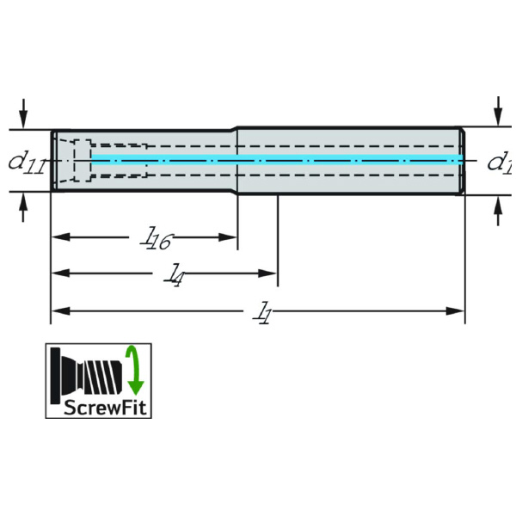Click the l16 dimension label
click(156, 237)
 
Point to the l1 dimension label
click(262, 313)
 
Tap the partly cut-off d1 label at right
click(501, 163)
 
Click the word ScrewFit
click(105, 408)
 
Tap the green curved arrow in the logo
click(135, 370)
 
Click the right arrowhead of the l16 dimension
click(228, 237)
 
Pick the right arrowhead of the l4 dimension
click(267, 273)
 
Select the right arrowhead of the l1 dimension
click(455, 311)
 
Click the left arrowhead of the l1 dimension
click(61, 311)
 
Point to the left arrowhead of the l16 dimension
click(61, 237)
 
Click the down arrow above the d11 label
click(23, 114)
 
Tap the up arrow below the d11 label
click(23, 207)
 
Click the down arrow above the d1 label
click(499, 111)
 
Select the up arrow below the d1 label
click(499, 211)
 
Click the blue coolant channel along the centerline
click(277, 159)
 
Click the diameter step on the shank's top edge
click(236, 129)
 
